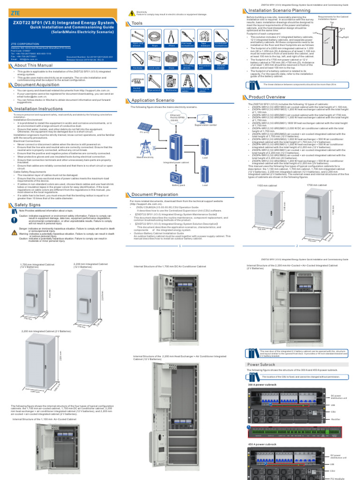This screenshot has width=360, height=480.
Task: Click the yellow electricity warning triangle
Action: [x=132, y=13]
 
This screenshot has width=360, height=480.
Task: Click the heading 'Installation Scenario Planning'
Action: [x=276, y=9]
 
